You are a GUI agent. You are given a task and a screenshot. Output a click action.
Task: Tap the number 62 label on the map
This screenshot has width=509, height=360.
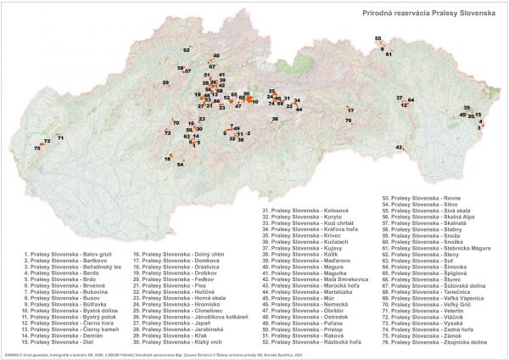[x=187, y=51]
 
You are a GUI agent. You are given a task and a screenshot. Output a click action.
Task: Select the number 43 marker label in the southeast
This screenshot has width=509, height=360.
[x=399, y=148]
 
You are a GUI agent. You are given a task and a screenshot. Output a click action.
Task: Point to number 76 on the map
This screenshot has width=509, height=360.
[x=349, y=121]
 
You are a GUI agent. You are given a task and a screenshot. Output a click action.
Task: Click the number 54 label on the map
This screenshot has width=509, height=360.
[x=180, y=164]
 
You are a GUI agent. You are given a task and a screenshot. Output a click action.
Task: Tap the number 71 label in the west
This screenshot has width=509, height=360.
[x=60, y=138]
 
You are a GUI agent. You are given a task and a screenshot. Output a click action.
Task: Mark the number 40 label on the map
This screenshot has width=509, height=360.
[x=216, y=56]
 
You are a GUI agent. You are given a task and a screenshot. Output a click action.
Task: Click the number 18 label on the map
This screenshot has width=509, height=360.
[x=169, y=159]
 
